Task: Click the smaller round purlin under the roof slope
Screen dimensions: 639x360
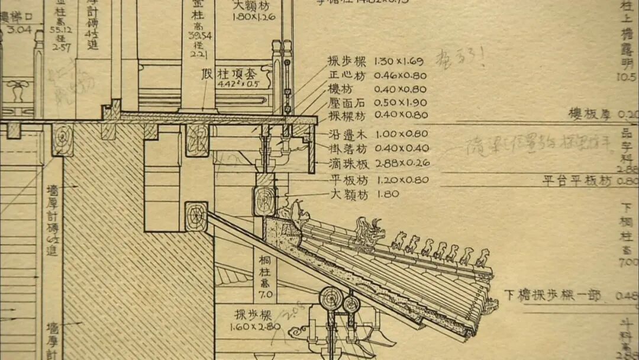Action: [x=351, y=304]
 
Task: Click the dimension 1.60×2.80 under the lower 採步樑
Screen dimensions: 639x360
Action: [x=256, y=326]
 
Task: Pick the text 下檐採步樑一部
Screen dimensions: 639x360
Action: [x=552, y=295]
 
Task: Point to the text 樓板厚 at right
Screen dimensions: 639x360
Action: [x=589, y=114]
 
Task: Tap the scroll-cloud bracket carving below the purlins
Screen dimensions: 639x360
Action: [x=299, y=329]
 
